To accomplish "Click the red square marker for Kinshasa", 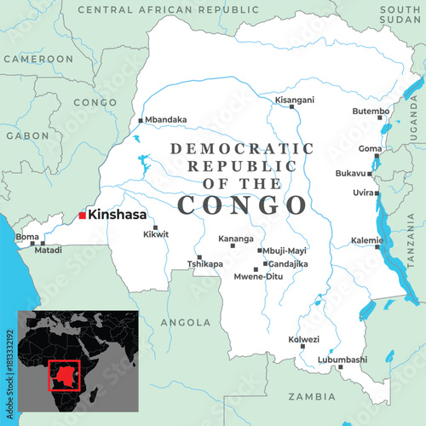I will coord(82,216).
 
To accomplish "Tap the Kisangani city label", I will coord(295,100).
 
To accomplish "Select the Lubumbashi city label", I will coord(343,360).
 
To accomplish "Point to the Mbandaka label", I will coord(166,120).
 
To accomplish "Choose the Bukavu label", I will coord(350,173).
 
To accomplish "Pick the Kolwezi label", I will coord(304,339).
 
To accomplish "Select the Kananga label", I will coord(236,239).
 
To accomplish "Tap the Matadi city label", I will coord(48,250).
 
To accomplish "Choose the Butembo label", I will coord(371,112).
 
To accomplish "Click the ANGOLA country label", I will coord(185,323).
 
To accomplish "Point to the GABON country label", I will coord(27,135).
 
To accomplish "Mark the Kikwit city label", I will coord(156,233).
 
